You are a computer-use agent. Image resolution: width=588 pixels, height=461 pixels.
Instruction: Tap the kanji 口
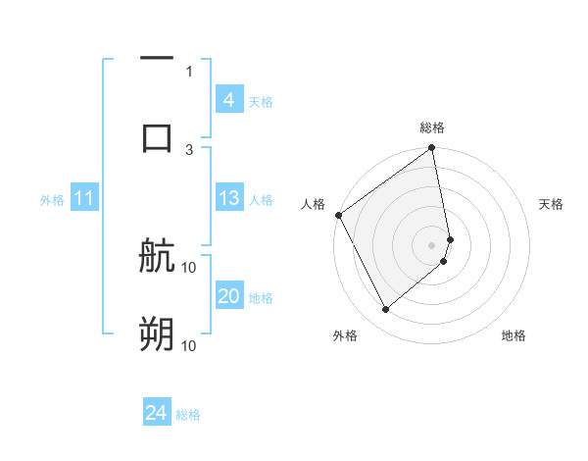[x=157, y=137]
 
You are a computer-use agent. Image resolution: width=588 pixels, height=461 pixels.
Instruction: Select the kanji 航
[x=157, y=258]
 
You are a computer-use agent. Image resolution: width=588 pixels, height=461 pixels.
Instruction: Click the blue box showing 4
[x=228, y=100]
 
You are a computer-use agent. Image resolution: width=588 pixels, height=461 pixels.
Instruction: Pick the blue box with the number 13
[x=228, y=198]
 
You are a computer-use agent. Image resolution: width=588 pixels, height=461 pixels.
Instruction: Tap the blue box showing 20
[x=228, y=296]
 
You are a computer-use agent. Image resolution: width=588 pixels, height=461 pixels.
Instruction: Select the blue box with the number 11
[x=83, y=199]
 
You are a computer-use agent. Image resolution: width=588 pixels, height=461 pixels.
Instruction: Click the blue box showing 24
[x=156, y=414]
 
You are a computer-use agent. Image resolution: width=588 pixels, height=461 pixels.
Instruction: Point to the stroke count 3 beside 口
[x=189, y=149]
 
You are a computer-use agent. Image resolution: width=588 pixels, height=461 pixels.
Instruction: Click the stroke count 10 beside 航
[x=189, y=267]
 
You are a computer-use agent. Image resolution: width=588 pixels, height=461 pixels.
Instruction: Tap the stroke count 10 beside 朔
[x=189, y=345]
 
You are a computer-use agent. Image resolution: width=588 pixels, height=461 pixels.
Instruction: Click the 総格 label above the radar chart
[x=432, y=128]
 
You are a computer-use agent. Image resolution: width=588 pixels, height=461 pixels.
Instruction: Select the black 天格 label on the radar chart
[x=552, y=204]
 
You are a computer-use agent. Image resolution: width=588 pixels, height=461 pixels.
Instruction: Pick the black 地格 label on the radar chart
[x=514, y=336]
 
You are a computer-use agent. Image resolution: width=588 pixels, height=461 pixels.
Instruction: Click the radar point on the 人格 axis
[x=338, y=215]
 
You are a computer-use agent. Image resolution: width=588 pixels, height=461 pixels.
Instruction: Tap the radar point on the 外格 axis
[x=385, y=309]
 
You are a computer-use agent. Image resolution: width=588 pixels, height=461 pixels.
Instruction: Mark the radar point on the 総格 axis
[x=432, y=149]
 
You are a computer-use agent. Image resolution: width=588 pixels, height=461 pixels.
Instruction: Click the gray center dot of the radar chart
[x=432, y=244]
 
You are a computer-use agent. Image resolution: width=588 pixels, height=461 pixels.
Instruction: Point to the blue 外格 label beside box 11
[x=52, y=200]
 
